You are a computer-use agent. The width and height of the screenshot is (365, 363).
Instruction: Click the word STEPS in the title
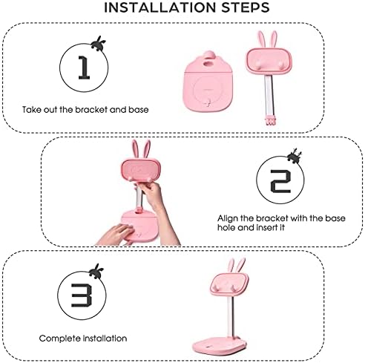(x=245, y=7)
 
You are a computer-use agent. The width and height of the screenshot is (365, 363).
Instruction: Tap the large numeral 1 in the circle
(x=84, y=68)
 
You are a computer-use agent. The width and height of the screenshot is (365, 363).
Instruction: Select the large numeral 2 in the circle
(x=280, y=181)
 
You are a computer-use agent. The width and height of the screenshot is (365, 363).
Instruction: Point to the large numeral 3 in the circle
(x=82, y=295)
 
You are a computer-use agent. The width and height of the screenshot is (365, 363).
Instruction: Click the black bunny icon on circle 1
(x=99, y=44)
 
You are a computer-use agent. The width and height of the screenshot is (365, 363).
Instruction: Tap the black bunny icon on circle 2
(x=295, y=156)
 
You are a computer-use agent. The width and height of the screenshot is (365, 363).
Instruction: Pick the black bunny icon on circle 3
(x=96, y=271)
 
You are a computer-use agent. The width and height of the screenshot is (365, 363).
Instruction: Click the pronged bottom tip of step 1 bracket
(x=269, y=120)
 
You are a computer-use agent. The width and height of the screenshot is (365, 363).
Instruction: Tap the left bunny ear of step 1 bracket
(x=261, y=39)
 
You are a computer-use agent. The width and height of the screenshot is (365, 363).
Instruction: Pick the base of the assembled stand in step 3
(x=220, y=344)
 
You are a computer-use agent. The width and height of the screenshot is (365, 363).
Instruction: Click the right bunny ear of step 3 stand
(x=240, y=265)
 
